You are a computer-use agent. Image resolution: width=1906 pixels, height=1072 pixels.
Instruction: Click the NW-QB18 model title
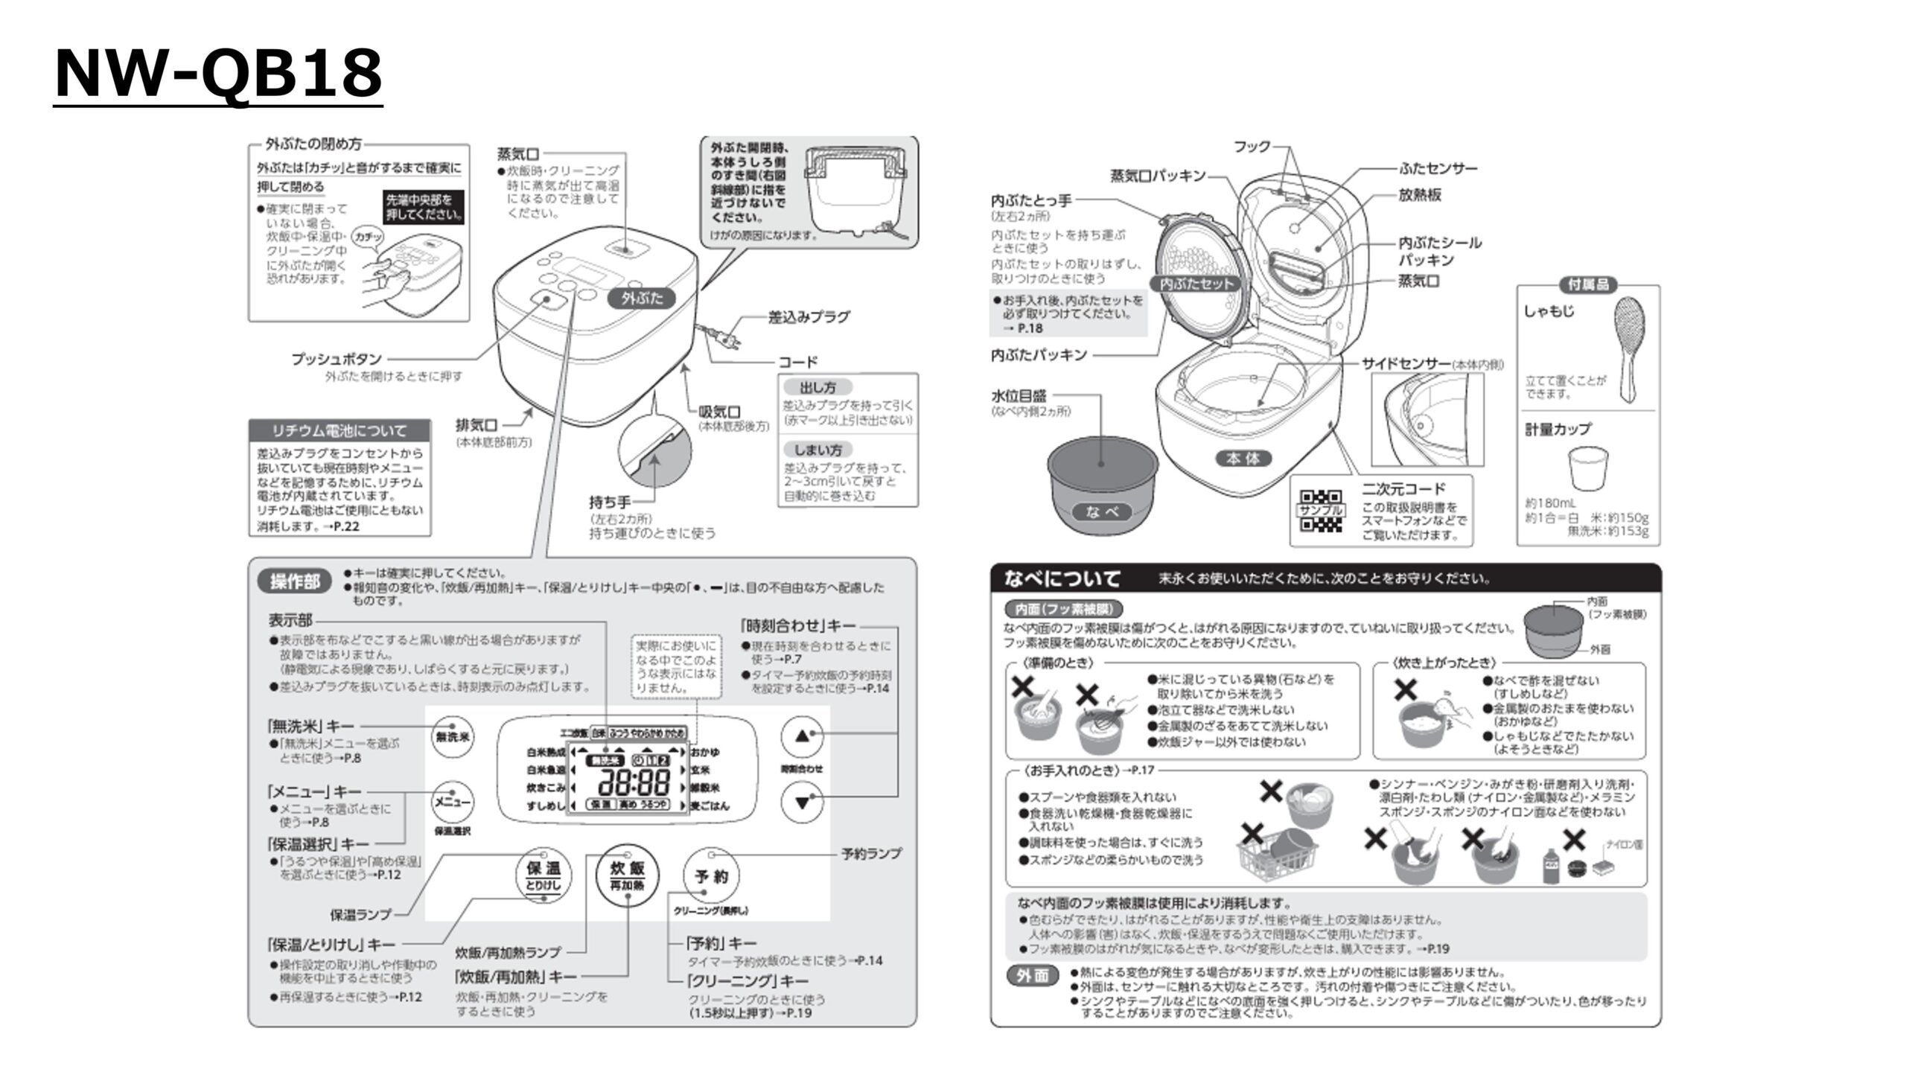point(218,74)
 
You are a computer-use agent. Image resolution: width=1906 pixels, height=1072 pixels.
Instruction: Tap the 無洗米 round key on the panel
point(453,737)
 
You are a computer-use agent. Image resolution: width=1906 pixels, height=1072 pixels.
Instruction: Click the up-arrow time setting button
point(802,736)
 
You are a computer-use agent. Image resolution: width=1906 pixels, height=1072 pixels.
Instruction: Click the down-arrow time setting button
point(802,803)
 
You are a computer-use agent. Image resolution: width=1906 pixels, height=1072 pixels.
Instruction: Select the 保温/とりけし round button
point(544,875)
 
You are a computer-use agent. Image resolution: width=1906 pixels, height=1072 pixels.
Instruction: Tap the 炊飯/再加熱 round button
point(627,875)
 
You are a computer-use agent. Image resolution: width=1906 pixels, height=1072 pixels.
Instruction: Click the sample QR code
point(1321,511)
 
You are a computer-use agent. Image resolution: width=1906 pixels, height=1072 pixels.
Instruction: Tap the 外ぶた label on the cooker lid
point(642,299)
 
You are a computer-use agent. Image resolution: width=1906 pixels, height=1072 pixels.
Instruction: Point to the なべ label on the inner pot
point(1102,511)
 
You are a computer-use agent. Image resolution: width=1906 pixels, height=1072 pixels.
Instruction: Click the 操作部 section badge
point(294,581)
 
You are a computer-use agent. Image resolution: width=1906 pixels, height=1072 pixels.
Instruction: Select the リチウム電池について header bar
point(340,430)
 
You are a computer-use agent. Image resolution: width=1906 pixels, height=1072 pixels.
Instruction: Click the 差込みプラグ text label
point(809,317)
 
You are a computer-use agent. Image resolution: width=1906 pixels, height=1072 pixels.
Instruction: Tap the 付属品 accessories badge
point(1588,284)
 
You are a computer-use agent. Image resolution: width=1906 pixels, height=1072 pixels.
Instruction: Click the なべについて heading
point(1062,578)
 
